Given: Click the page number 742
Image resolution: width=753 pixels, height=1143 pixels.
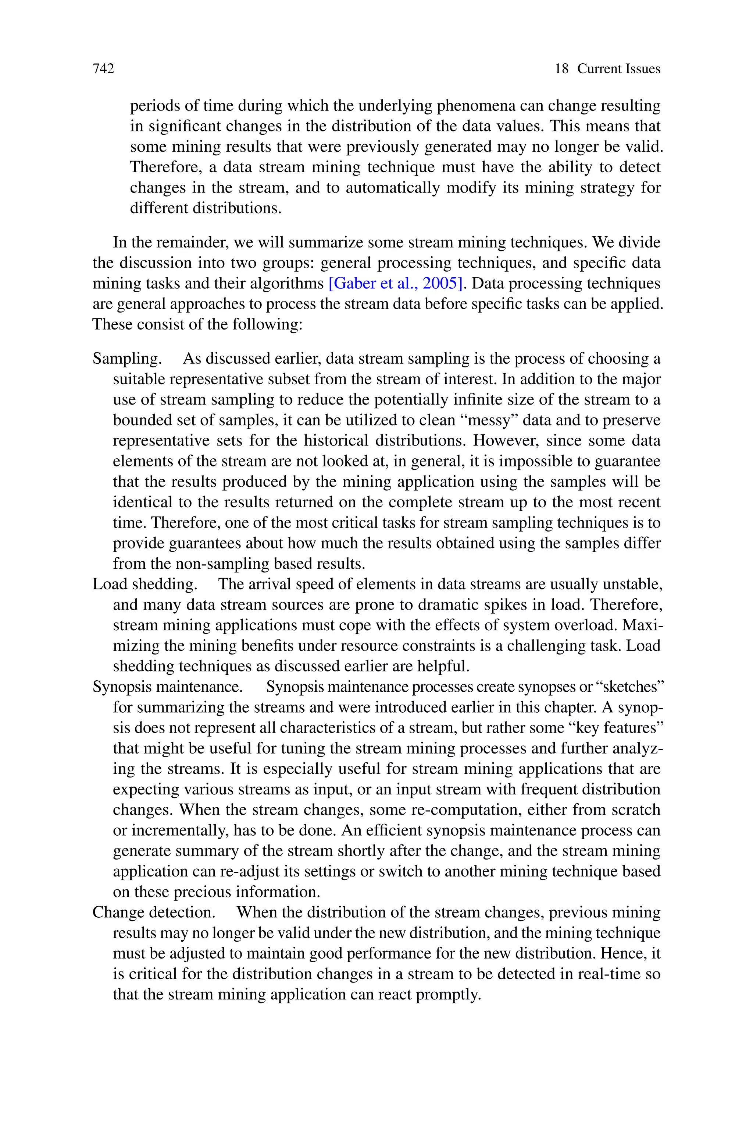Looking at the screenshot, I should coord(103,69).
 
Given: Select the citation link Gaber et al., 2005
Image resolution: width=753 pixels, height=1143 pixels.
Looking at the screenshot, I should coord(396,283).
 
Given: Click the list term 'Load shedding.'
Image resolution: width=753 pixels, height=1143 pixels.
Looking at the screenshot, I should coord(145,584).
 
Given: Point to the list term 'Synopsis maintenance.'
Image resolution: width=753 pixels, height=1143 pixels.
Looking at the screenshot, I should coord(168,687).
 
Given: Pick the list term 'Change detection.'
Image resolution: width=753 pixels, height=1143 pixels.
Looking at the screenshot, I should coord(154,912).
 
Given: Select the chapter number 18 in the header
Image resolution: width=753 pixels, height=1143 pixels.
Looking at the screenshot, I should coord(561,69).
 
